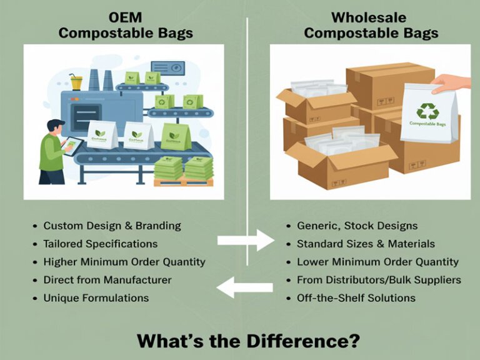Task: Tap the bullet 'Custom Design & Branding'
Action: [112, 226]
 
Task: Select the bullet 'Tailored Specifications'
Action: [100, 244]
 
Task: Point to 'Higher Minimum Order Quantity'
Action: [124, 262]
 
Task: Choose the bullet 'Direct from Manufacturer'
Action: [107, 280]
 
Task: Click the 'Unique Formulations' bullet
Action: [96, 298]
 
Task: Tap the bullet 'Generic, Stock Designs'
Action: [357, 226]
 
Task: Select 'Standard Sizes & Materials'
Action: [366, 244]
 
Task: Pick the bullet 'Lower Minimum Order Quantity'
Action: [377, 262]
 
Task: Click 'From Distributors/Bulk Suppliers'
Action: [379, 280]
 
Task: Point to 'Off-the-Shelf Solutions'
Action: [356, 298]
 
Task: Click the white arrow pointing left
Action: [244, 288]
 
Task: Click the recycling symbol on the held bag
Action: [427, 111]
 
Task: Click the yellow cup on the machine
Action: [76, 82]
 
